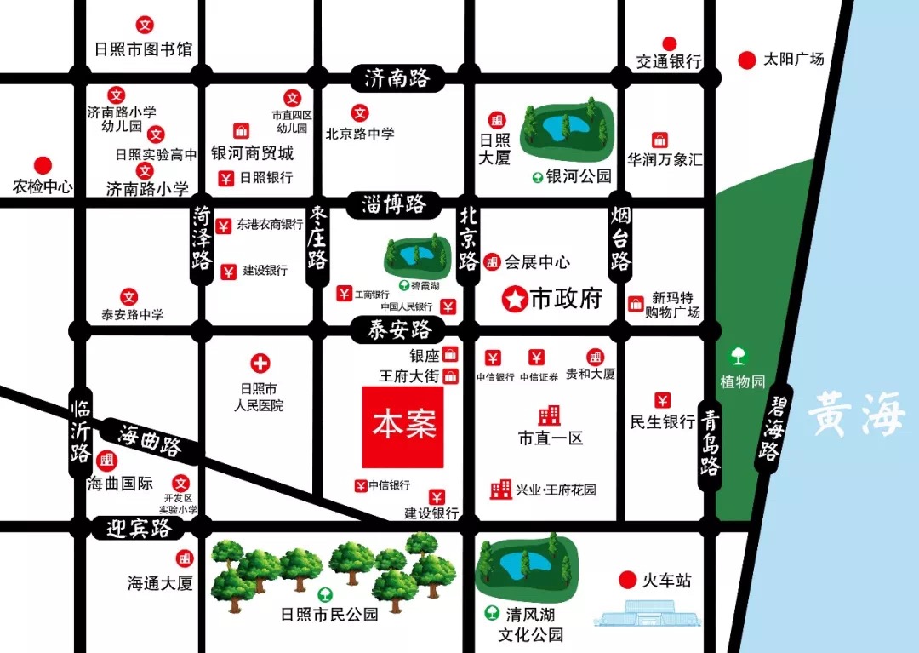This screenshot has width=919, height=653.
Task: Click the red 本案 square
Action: click(x=402, y=427)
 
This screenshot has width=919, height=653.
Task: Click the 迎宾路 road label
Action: click(x=140, y=529)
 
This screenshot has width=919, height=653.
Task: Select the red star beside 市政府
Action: click(x=514, y=298)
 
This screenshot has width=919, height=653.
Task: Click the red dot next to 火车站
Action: click(x=627, y=581)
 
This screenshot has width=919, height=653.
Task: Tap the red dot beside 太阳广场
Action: click(x=746, y=60)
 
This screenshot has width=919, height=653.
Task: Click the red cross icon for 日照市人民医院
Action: click(x=260, y=364)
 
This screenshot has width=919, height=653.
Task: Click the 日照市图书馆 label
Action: click(x=144, y=49)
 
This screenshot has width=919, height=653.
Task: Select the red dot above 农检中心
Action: click(x=43, y=165)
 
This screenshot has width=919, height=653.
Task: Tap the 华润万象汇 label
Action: click(x=665, y=159)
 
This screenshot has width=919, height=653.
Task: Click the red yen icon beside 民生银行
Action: click(x=662, y=399)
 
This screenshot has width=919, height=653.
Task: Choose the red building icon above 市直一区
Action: click(x=550, y=415)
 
